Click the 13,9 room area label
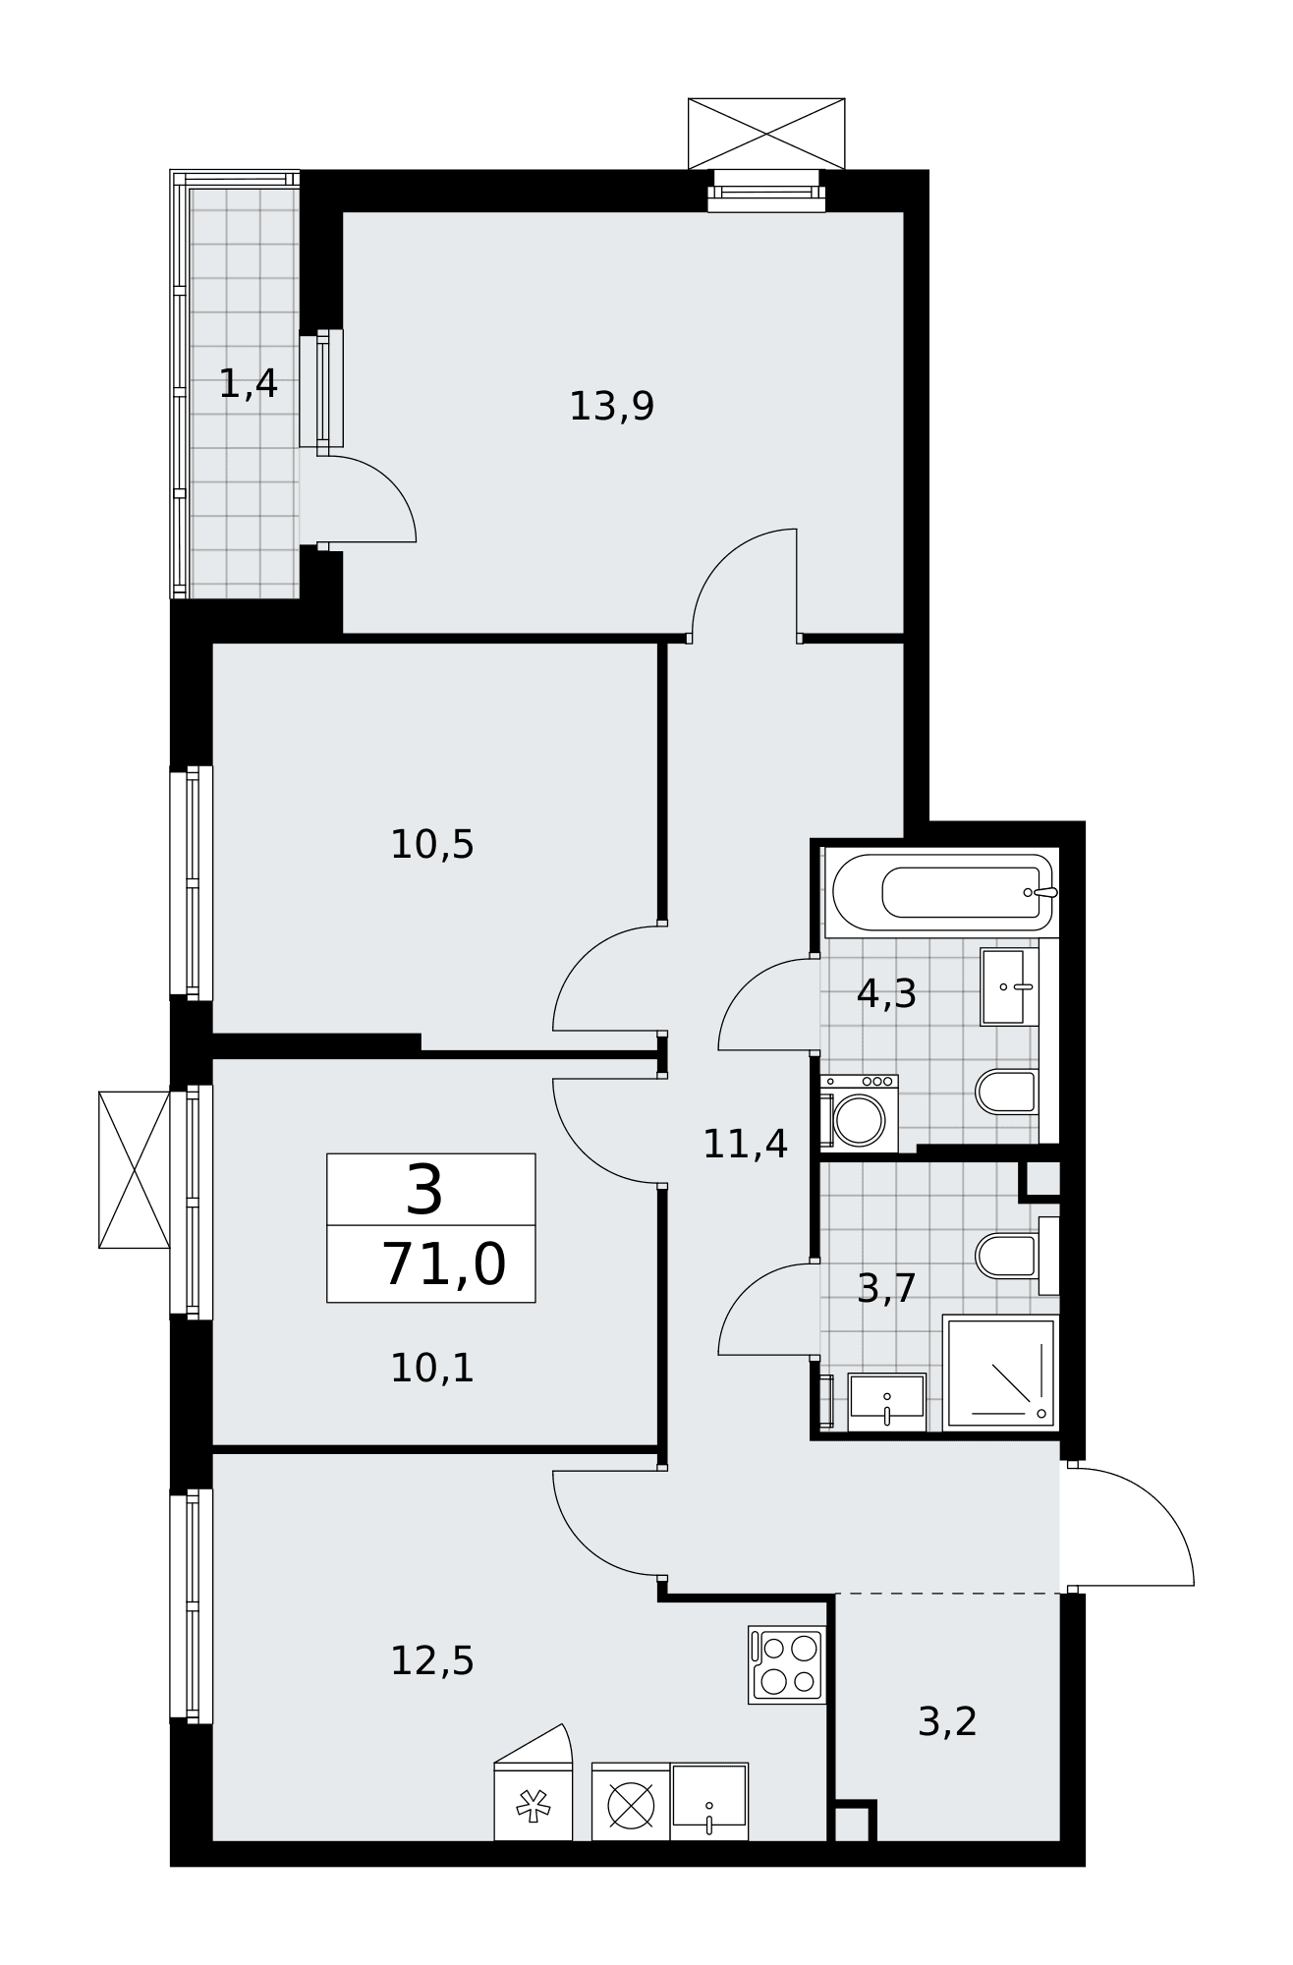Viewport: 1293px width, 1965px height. (x=611, y=406)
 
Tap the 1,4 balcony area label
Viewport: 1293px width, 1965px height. (x=248, y=383)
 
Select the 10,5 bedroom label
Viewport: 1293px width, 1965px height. (x=432, y=844)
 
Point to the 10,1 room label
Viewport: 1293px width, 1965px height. (x=432, y=1368)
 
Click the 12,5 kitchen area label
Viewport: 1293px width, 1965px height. (x=432, y=1661)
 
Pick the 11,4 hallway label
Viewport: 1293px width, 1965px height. (x=745, y=1144)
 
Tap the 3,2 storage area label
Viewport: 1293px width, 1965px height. (x=947, y=1721)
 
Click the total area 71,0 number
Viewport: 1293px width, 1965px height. (x=444, y=1263)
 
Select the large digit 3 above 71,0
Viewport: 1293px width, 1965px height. (x=424, y=1190)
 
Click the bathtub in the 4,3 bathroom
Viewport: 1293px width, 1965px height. (x=942, y=892)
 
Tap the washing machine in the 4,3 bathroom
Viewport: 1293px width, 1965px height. (x=860, y=1113)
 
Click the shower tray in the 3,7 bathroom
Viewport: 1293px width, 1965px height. (x=1000, y=1373)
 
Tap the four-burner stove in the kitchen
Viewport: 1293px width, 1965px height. (x=787, y=1664)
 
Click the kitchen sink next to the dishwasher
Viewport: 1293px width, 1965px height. (x=709, y=1802)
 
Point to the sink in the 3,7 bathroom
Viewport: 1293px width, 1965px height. (x=887, y=1402)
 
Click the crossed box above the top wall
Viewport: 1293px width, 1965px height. (x=766, y=134)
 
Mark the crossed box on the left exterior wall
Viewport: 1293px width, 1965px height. (x=135, y=1169)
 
